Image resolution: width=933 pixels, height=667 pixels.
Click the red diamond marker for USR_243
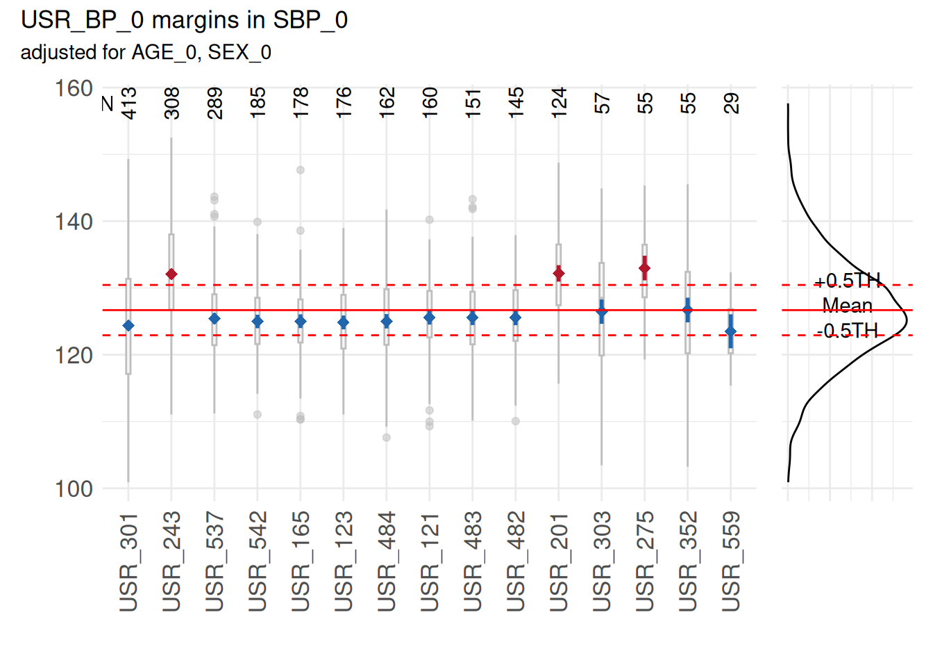(x=171, y=274)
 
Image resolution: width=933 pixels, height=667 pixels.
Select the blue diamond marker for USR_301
(x=128, y=326)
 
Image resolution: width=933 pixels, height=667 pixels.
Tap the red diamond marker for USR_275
(x=645, y=268)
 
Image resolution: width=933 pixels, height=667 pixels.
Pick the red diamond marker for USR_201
(x=559, y=274)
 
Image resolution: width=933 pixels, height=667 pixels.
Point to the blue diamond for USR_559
(x=730, y=331)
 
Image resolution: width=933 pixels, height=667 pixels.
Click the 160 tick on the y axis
(x=74, y=89)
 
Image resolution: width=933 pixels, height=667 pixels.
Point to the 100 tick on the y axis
(x=74, y=488)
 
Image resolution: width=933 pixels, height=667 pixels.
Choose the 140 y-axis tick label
(x=74, y=222)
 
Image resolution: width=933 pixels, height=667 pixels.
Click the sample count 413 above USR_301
(x=129, y=103)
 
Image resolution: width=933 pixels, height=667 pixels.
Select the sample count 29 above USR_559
(x=731, y=103)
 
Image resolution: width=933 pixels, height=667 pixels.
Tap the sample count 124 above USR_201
(x=559, y=103)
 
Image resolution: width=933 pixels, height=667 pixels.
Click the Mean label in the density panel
(x=847, y=306)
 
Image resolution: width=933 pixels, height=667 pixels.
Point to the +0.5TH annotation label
(x=847, y=281)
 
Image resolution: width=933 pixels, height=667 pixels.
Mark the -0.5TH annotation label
(x=847, y=331)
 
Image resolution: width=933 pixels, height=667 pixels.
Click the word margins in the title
(x=185, y=21)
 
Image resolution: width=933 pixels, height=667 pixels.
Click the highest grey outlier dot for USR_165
(x=301, y=170)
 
